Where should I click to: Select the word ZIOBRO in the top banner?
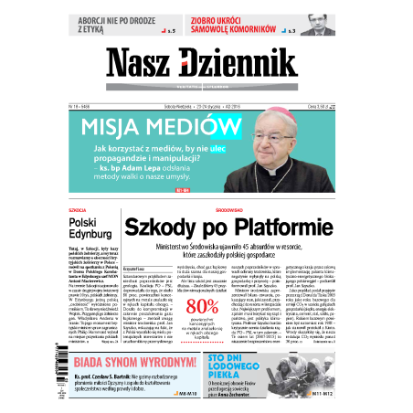tap(212, 20)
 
